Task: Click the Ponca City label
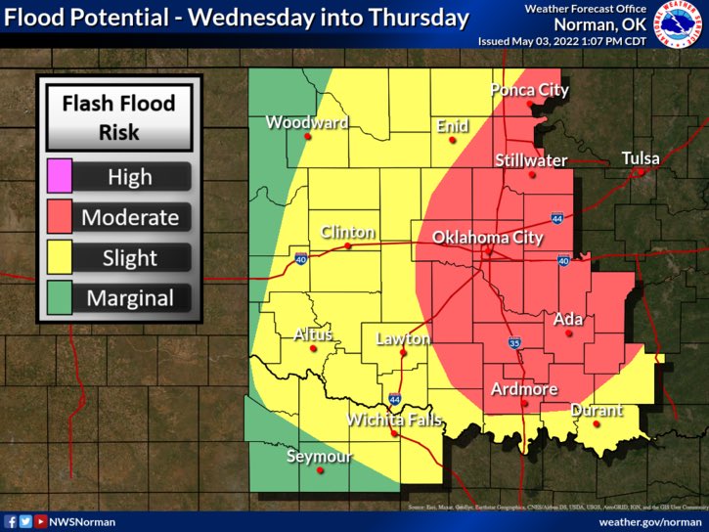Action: [529, 90]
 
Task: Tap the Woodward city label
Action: [306, 123]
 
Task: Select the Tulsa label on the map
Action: [641, 157]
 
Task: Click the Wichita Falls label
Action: [394, 420]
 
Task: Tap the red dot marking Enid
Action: [452, 141]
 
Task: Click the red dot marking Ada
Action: [568, 334]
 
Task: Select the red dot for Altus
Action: [314, 348]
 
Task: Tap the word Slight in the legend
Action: [129, 258]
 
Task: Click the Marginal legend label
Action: [129, 299]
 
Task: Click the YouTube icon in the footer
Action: [40, 522]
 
